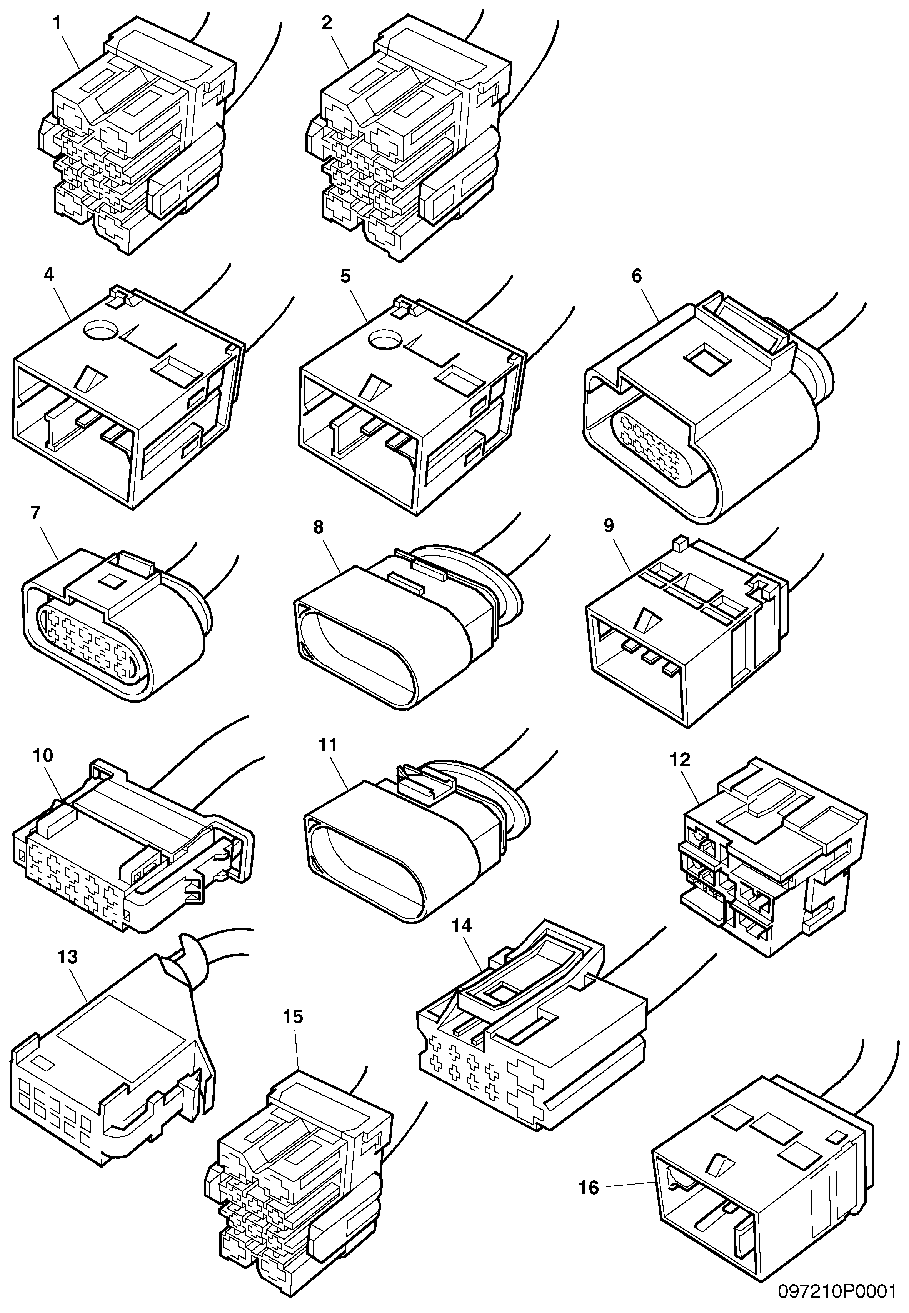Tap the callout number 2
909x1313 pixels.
(326, 23)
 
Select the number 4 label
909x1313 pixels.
(48, 275)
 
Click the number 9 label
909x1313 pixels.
(609, 525)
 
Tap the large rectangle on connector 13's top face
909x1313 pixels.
(122, 1042)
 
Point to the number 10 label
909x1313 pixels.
(43, 756)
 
